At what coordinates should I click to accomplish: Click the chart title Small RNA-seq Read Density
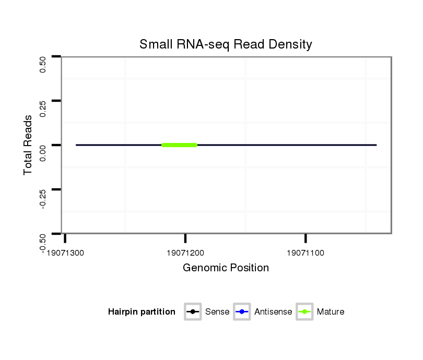pyautogui.click(x=226, y=44)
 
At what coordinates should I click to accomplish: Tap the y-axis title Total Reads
pyautogui.click(x=29, y=145)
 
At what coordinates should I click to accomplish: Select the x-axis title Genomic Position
pyautogui.click(x=226, y=268)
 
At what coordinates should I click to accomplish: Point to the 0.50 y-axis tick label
pyautogui.click(x=43, y=64)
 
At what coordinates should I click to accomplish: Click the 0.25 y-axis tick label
pyautogui.click(x=43, y=109)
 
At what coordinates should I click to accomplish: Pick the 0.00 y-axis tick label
pyautogui.click(x=43, y=153)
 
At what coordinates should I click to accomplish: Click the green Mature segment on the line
pyautogui.click(x=179, y=145)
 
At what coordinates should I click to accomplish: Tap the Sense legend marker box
pyautogui.click(x=193, y=312)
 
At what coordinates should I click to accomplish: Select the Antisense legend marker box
pyautogui.click(x=242, y=312)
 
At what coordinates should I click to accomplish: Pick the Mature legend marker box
pyautogui.click(x=304, y=312)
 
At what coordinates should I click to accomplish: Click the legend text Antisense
pyautogui.click(x=273, y=312)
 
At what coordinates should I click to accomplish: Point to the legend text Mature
pyautogui.click(x=331, y=312)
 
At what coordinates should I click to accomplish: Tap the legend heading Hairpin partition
pyautogui.click(x=142, y=312)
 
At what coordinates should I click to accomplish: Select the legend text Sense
pyautogui.click(x=217, y=312)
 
